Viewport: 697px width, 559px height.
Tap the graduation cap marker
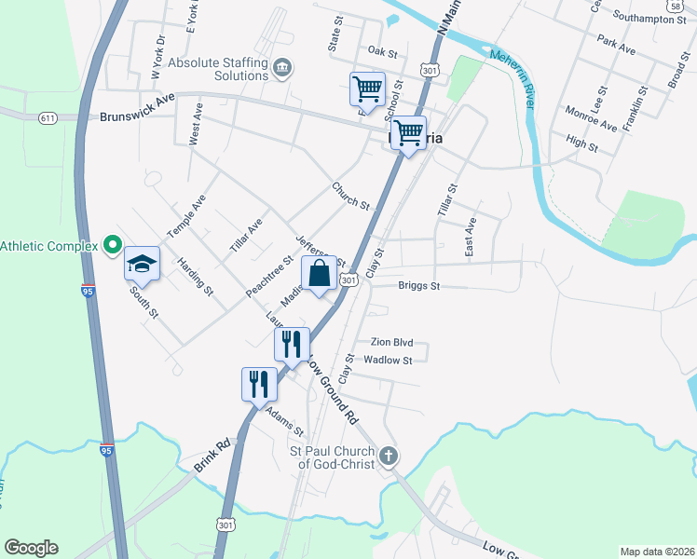[143, 264]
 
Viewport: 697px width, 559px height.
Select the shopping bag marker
[319, 275]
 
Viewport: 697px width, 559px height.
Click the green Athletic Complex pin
[113, 245]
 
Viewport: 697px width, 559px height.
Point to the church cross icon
[389, 457]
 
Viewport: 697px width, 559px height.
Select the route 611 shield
[48, 118]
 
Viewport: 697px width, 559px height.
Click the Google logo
[31, 548]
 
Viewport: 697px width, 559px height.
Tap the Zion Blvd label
[391, 343]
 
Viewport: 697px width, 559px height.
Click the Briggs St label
[418, 286]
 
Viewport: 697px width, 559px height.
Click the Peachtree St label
[265, 272]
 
